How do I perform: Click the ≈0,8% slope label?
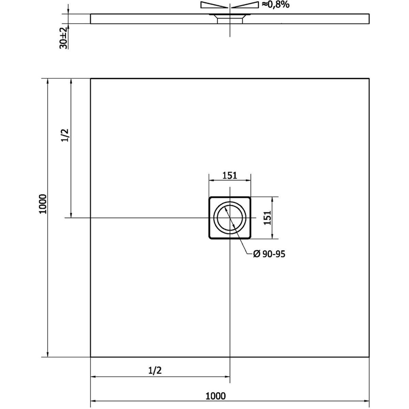click(x=275, y=4)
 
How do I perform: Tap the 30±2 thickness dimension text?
click(x=63, y=38)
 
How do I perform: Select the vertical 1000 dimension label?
click(x=43, y=204)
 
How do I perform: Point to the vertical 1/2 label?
click(x=65, y=135)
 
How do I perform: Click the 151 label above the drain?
click(x=230, y=176)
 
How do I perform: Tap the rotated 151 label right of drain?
click(x=268, y=217)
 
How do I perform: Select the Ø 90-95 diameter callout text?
click(x=269, y=254)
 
